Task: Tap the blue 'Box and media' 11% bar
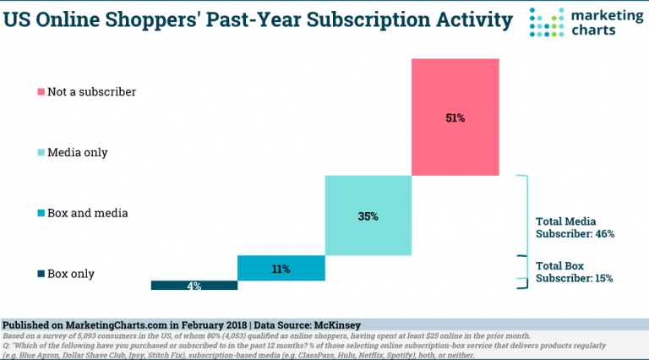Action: click(281, 268)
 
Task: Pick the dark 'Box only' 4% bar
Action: click(194, 286)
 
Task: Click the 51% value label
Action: click(455, 118)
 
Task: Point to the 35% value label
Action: click(368, 216)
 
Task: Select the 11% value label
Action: click(281, 270)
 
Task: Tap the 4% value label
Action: click(194, 286)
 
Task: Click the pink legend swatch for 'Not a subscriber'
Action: click(40, 91)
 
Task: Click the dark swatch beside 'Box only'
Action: click(40, 274)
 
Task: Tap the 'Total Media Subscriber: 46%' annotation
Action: click(575, 227)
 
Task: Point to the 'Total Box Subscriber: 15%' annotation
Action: click(575, 271)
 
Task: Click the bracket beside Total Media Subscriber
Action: click(523, 216)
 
